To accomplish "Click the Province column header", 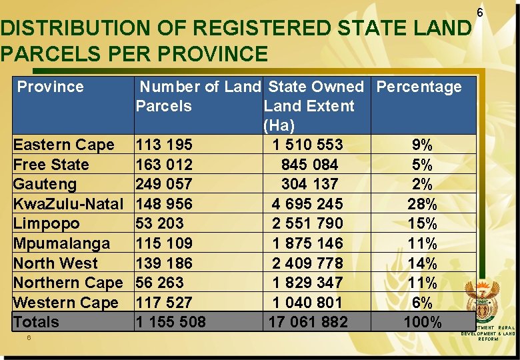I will tap(50, 87).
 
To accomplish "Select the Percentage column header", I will tap(419, 87).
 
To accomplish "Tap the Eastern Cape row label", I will tap(63, 145).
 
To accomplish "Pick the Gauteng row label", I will tap(45, 184).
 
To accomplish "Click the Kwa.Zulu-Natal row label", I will tap(68, 203).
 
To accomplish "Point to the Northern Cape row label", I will tap(67, 282).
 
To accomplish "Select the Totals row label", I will tap(36, 322).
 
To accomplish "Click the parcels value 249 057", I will tap(163, 184).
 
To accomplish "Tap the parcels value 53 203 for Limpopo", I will tap(159, 223).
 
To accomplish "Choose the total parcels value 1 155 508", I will tap(171, 322).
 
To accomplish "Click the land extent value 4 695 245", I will tap(307, 203).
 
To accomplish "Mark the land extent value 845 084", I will tap(310, 165).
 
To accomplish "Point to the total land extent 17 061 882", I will tap(307, 322).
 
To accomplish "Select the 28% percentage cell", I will tap(422, 203).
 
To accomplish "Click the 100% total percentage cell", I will tap(422, 322).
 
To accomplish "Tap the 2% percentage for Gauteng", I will tap(422, 184).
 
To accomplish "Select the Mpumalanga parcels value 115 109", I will tap(163, 243).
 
